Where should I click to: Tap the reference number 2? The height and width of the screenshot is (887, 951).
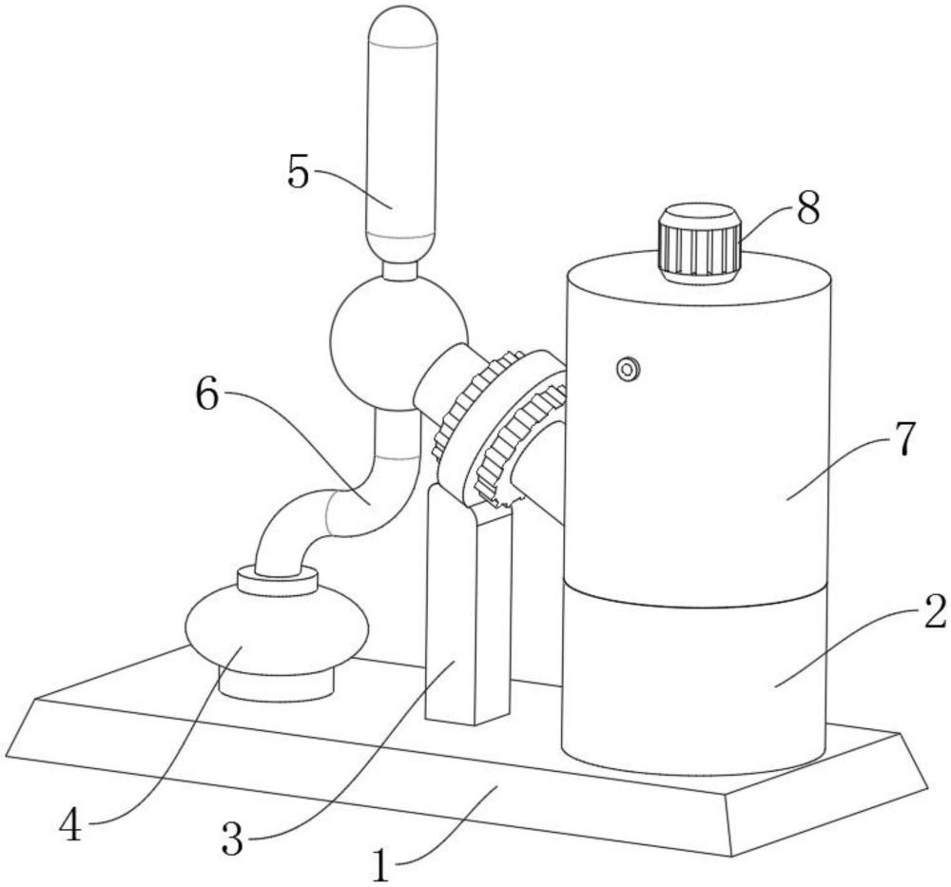click(x=933, y=611)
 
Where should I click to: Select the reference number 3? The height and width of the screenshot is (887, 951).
click(x=232, y=839)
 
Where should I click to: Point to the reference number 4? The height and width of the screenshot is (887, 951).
click(x=71, y=825)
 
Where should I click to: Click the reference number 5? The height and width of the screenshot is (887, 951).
click(x=299, y=171)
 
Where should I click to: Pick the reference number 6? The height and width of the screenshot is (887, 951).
click(x=206, y=395)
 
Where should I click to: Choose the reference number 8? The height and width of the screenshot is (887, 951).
click(x=807, y=206)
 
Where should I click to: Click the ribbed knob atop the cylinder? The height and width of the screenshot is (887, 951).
click(x=700, y=243)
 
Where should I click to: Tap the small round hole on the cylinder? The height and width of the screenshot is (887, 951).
click(x=628, y=369)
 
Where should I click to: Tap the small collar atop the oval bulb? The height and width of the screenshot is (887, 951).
click(x=278, y=580)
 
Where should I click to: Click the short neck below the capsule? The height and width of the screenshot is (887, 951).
click(x=400, y=271)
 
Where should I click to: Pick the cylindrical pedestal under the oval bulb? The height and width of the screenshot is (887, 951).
click(x=277, y=687)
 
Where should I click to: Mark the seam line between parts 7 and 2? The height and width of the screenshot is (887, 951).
click(x=695, y=597)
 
